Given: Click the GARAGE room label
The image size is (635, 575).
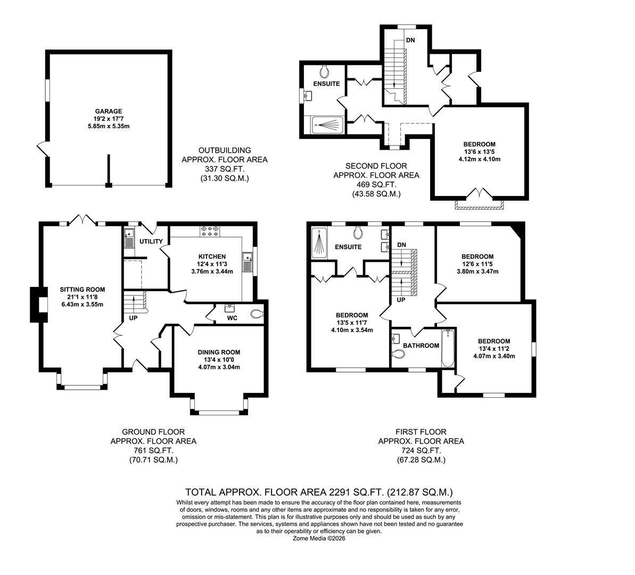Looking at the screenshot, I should click(x=109, y=111).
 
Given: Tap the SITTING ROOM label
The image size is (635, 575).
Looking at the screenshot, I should click(x=82, y=290).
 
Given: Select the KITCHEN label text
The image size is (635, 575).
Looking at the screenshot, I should click(x=212, y=256).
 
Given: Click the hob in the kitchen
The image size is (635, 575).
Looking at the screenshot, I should click(x=210, y=231).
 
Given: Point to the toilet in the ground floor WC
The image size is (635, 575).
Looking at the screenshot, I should click(x=257, y=314).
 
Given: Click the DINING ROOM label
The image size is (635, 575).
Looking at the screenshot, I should click(x=219, y=352).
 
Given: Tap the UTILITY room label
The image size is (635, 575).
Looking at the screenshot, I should click(x=151, y=242).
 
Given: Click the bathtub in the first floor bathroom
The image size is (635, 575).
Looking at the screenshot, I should click(x=448, y=348).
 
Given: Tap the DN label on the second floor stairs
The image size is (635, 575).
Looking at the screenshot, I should click(x=410, y=40).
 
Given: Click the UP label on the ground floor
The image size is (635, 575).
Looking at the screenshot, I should click(x=134, y=318).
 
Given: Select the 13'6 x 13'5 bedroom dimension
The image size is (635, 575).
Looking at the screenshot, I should click(x=479, y=152).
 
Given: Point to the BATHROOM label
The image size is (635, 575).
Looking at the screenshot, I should click(x=420, y=346).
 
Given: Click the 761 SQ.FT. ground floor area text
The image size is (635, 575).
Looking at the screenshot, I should click(x=153, y=450).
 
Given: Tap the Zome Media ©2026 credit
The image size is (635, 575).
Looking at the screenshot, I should click(x=319, y=538).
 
